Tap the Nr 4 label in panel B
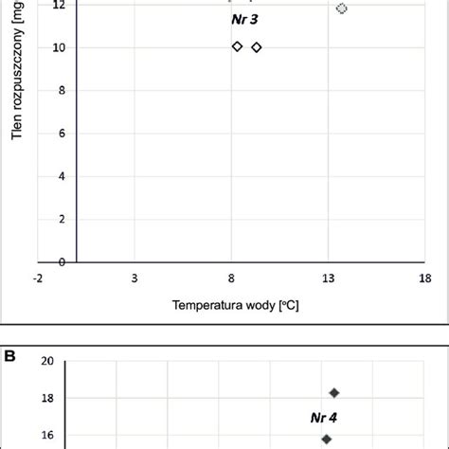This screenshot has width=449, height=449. click(x=325, y=417)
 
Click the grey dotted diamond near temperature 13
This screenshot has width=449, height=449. click(x=342, y=9)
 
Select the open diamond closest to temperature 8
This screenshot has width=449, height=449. click(x=237, y=46)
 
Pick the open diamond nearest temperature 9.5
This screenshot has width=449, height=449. click(x=257, y=47)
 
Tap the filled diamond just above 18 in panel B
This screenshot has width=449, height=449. click(x=333, y=392)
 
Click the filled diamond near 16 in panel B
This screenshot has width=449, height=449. click(x=326, y=439)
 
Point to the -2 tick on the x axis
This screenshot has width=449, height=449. click(x=37, y=278)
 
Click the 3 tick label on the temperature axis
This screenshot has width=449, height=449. click(x=135, y=278)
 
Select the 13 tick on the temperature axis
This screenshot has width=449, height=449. click(x=328, y=278)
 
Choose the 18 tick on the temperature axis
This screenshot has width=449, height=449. click(x=425, y=278)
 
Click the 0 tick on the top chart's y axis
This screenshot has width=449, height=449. click(x=62, y=262)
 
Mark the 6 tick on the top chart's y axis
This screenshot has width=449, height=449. click(x=62, y=134)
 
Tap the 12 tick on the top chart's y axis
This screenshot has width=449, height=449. click(x=59, y=6)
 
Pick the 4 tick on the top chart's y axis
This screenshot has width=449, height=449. click(x=62, y=176)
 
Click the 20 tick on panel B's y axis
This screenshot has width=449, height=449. click(x=47, y=360)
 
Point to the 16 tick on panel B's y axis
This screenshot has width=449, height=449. click(x=47, y=437)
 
